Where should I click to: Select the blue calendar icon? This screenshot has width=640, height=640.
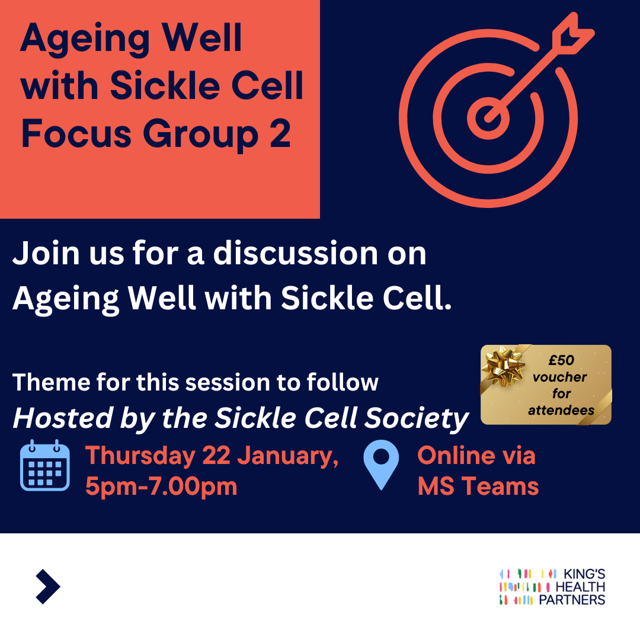[45, 465]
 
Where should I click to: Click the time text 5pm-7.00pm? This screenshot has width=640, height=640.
[161, 487]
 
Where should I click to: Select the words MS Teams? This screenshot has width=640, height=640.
[478, 487]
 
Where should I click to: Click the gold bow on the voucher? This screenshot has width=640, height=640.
[504, 363]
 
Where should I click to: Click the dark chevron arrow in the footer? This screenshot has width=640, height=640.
[48, 587]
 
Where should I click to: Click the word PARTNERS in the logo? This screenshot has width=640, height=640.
[571, 599]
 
